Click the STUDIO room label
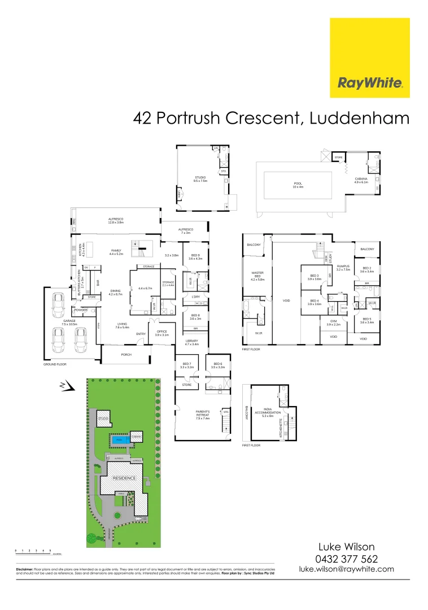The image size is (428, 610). tap(200, 177)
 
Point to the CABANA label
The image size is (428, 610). tap(361, 179)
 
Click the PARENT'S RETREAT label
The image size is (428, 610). tap(202, 416)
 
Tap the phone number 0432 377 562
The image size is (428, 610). tap(347, 559)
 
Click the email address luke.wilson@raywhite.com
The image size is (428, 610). tap(347, 570)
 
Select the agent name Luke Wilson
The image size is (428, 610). tap(347, 547)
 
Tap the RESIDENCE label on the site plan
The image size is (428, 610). tap(124, 478)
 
